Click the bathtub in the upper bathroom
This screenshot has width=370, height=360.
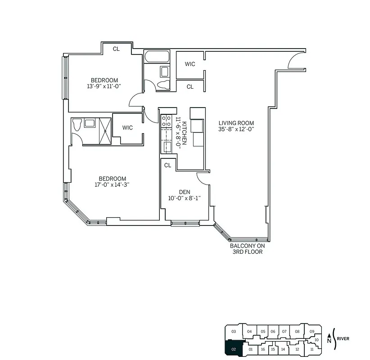pos(157,57)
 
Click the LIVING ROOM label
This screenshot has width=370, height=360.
pos(236,123)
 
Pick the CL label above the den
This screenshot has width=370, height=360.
pos(167,165)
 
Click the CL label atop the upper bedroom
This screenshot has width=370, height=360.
pos(116,49)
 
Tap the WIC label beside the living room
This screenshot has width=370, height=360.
pos(190,64)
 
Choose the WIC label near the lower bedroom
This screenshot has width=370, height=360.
pos(127,128)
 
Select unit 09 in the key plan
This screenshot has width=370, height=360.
pos(312,332)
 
